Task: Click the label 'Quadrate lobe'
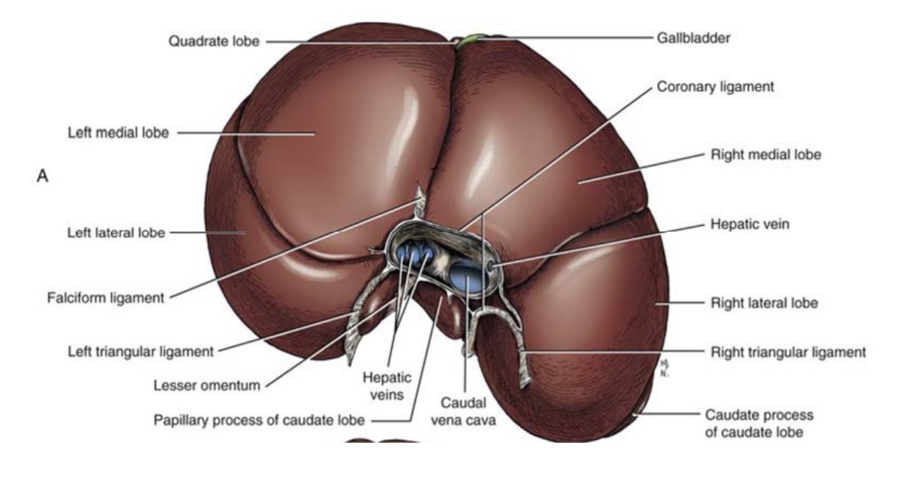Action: pos(214,42)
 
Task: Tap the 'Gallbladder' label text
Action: pos(693,38)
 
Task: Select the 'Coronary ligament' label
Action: pos(715,86)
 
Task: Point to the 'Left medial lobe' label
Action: pos(117,133)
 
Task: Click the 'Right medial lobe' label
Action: pos(765,155)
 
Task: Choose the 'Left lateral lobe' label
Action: pos(115,233)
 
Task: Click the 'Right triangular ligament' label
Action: pos(788,352)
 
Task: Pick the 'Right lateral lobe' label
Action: pos(764,302)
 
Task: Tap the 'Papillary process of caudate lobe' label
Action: pos(259,421)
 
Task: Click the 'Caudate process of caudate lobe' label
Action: pos(759,424)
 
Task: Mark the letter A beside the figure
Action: pos(43,177)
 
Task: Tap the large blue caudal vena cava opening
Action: pos(467,279)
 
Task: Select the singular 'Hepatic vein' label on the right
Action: pos(749,224)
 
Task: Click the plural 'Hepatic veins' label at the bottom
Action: pos(387,386)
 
